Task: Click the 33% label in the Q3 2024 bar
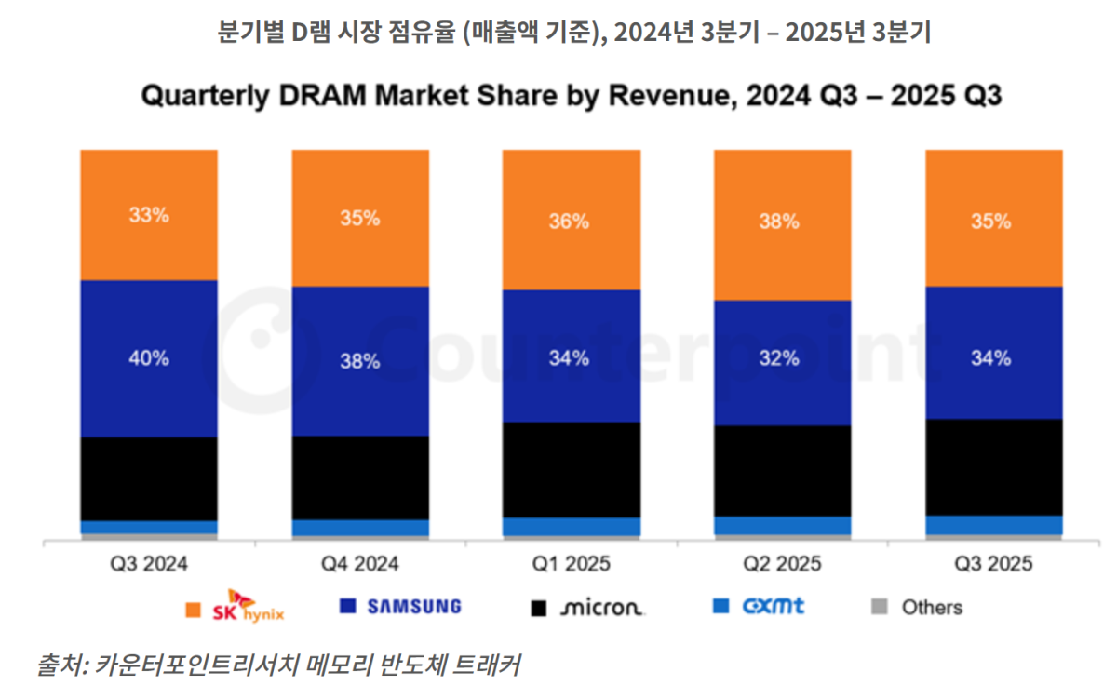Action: [149, 215]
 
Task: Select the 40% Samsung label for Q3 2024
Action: [149, 358]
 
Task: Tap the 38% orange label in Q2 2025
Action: [781, 222]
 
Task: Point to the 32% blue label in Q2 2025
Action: [781, 358]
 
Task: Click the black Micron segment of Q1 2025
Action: [571, 470]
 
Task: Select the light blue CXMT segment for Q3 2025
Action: [993, 525]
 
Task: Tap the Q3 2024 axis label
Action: [149, 564]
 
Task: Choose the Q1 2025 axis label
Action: [571, 564]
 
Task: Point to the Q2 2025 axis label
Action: [781, 564]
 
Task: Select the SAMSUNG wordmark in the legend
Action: [414, 607]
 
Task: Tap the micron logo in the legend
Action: [601, 608]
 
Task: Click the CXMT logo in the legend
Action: [773, 607]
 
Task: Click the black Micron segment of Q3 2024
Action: [149, 478]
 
